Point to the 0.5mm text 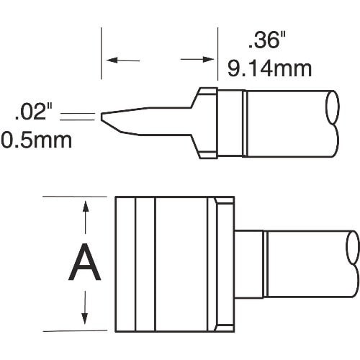point(37,139)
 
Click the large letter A point(85,263)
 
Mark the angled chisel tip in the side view point(108,120)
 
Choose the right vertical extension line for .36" point(217,55)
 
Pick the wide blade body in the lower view point(173,264)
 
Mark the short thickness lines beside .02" point(78,116)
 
